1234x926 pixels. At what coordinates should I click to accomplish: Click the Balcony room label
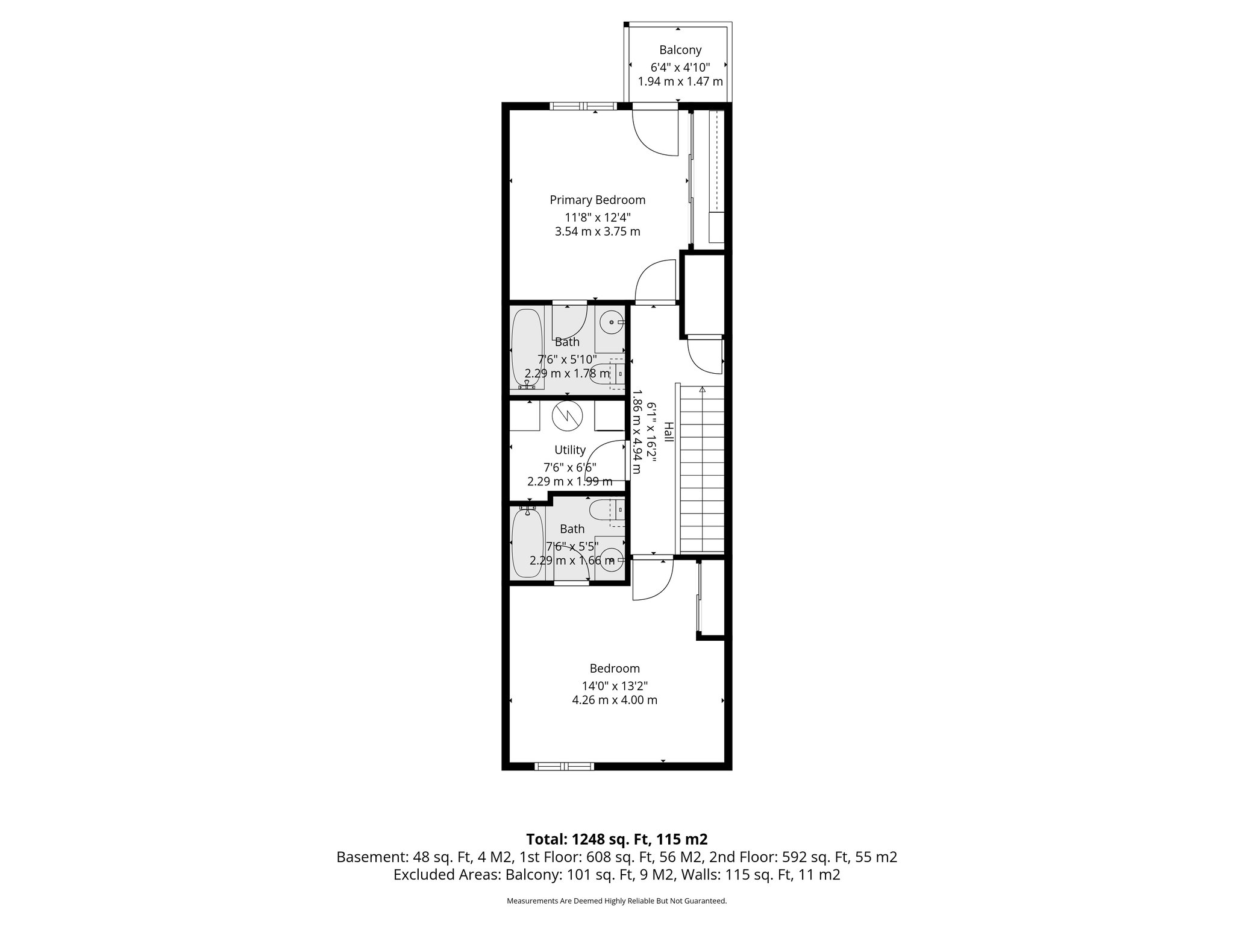(680, 50)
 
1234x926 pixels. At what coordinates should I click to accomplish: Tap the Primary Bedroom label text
(597, 200)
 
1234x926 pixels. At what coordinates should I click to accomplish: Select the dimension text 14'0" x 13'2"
(614, 686)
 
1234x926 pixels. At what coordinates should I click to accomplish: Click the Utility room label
(569, 450)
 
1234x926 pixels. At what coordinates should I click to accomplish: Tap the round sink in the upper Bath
(612, 323)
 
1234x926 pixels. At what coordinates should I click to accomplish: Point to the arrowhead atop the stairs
(702, 390)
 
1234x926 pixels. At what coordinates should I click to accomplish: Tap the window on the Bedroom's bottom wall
(564, 766)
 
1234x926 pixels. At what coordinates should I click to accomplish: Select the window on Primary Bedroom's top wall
(583, 106)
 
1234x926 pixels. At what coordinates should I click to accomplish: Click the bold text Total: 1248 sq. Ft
(616, 839)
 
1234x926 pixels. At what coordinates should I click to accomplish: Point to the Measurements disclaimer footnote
(616, 901)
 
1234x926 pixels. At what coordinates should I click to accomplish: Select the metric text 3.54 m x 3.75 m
(597, 231)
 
